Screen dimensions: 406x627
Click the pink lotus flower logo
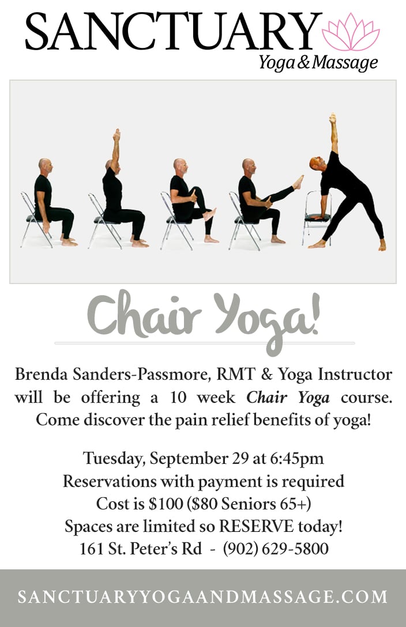[351, 32]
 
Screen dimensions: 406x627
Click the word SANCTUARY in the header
[173, 31]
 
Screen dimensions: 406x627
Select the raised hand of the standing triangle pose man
[332, 118]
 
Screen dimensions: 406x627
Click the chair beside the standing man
[317, 217]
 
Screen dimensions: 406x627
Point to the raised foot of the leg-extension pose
[298, 182]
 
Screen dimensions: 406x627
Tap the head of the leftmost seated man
[46, 166]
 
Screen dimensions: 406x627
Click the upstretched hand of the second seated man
[117, 134]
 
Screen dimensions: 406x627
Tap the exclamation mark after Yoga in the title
[315, 312]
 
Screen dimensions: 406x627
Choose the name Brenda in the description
[42, 374]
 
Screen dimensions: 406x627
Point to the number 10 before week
[178, 398]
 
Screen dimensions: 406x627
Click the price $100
[166, 504]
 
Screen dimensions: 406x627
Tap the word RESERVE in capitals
[257, 527]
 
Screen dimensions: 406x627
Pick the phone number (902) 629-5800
[276, 549]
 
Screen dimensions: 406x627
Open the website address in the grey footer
[203, 597]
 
